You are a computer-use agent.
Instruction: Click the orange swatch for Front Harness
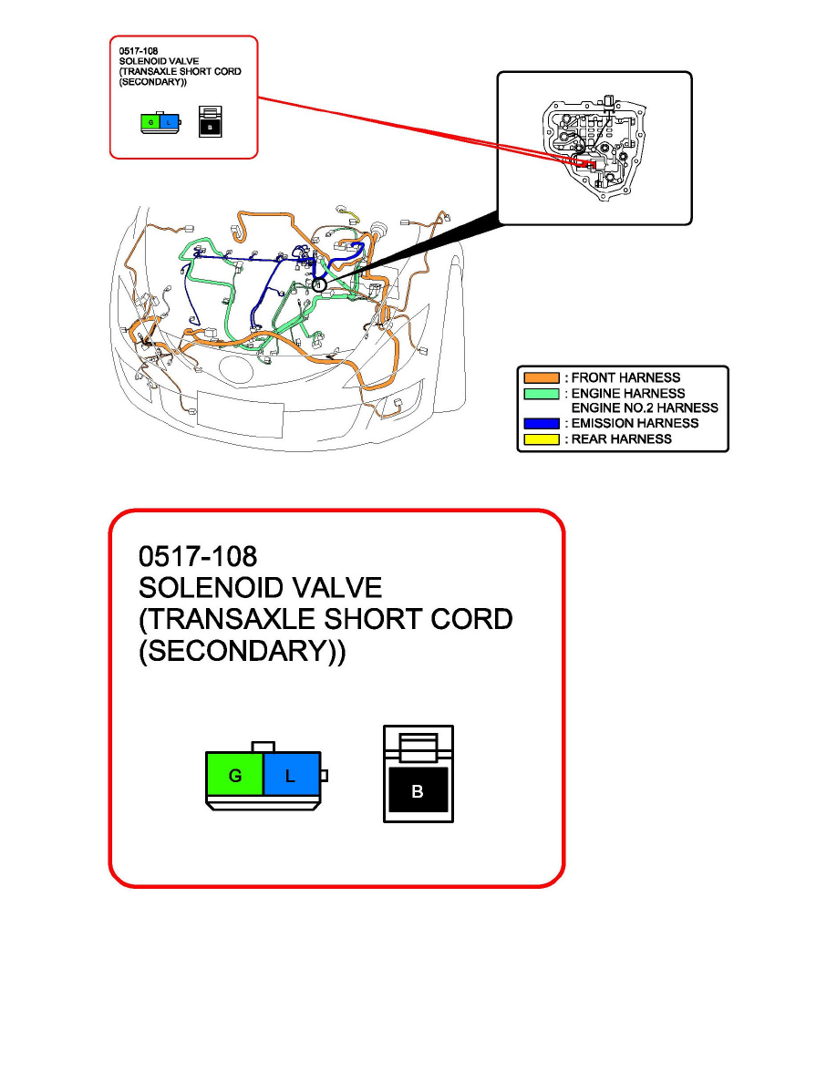tap(542, 377)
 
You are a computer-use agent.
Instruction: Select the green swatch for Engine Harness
tap(542, 394)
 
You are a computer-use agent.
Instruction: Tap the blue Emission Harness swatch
tap(542, 423)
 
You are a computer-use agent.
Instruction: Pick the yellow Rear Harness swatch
tap(542, 439)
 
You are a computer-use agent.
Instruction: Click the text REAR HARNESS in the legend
tap(622, 439)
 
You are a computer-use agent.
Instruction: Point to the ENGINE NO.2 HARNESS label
tap(645, 408)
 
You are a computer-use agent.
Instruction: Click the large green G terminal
tap(235, 774)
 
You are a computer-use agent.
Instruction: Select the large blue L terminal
tap(292, 774)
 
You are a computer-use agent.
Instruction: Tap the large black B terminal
tap(418, 790)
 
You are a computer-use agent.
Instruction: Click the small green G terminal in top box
tap(150, 123)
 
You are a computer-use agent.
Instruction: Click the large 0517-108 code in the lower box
tap(198, 557)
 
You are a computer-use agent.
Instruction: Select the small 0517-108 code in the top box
tap(138, 51)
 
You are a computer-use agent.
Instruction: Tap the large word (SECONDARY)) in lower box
tap(243, 651)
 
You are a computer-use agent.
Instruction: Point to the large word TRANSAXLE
tap(232, 620)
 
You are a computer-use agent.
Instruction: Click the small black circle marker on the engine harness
tap(318, 284)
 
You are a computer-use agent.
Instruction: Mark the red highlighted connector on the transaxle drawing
tap(588, 164)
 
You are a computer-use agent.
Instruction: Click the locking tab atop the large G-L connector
tap(263, 747)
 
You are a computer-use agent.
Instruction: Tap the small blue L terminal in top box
tap(169, 123)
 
